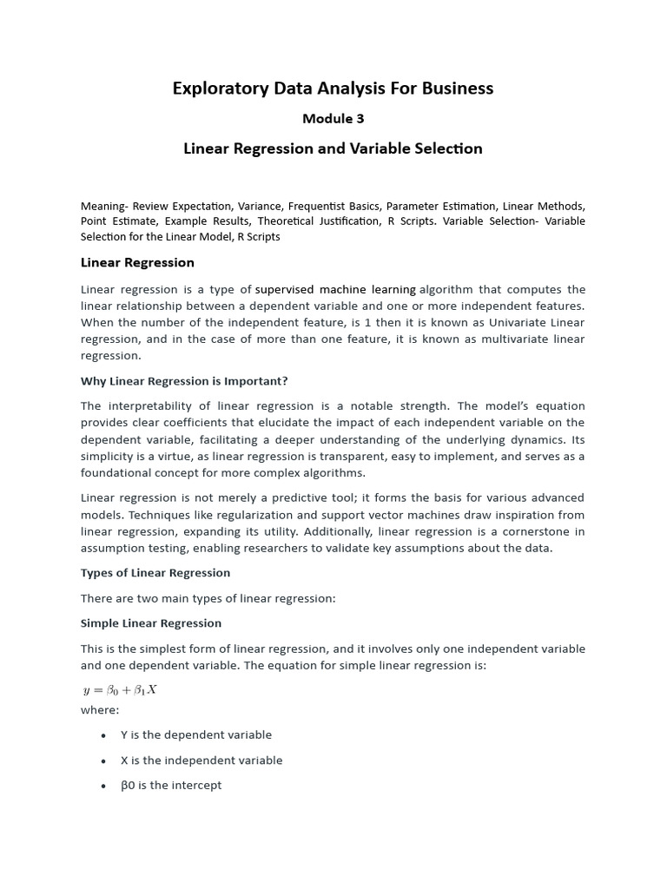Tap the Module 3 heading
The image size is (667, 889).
point(333,119)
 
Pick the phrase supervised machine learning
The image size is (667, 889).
point(335,289)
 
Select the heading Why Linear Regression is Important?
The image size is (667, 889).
point(184,381)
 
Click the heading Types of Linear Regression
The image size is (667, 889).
point(155,573)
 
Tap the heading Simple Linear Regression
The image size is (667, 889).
point(151,623)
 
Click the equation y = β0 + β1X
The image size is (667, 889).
point(119,690)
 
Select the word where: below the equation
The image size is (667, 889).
point(100,710)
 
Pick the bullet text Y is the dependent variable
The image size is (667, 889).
point(196,735)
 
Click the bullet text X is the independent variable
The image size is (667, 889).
point(201,761)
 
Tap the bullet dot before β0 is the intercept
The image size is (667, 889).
point(103,786)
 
